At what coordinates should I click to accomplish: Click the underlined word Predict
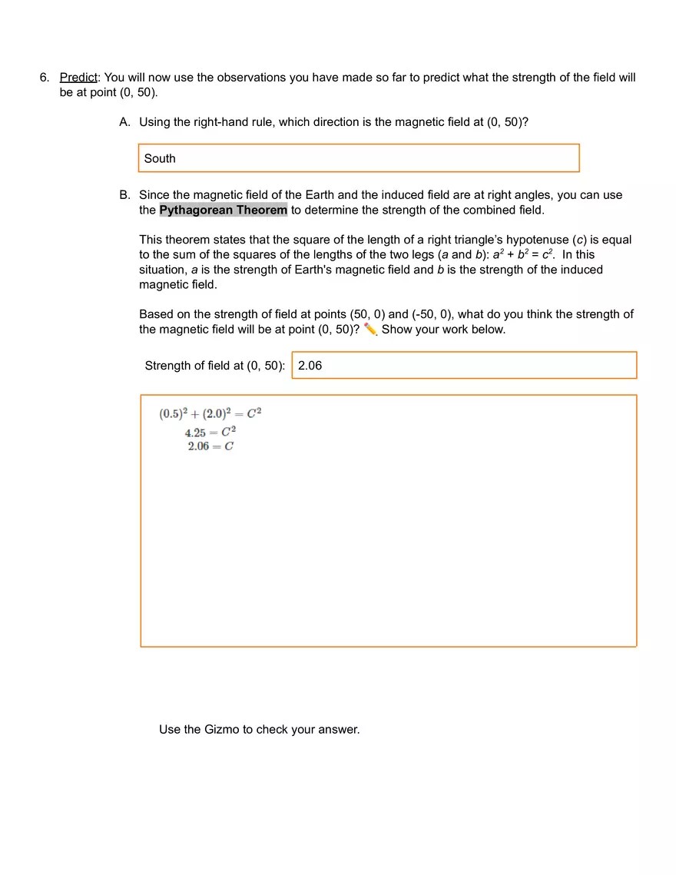point(78,78)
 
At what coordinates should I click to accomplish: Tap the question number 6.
point(44,78)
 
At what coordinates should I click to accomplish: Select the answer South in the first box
point(160,158)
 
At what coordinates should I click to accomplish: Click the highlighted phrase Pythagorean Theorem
point(224,210)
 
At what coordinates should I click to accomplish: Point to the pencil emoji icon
point(370,330)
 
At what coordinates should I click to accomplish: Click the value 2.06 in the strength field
point(310,366)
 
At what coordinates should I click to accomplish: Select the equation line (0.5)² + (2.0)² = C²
point(210,413)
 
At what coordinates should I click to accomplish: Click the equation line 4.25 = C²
point(210,432)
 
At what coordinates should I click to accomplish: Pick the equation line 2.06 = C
point(210,446)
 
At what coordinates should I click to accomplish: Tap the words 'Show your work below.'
point(443,330)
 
